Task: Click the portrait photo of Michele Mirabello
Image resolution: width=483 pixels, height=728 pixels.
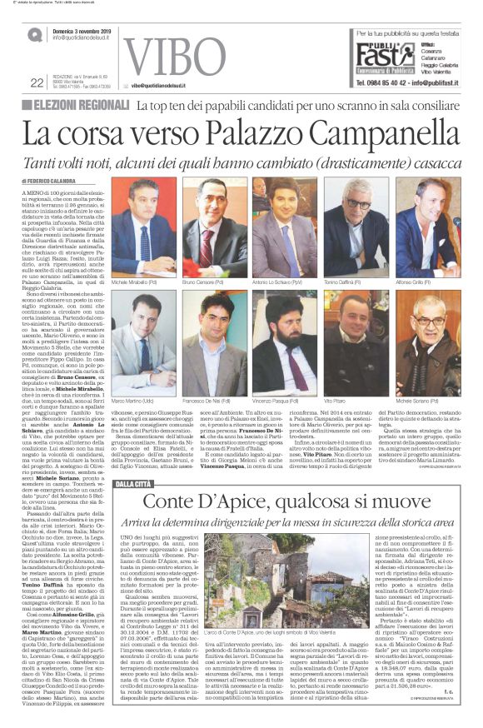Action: click(143, 226)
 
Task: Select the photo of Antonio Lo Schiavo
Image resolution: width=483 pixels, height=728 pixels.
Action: click(285, 226)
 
